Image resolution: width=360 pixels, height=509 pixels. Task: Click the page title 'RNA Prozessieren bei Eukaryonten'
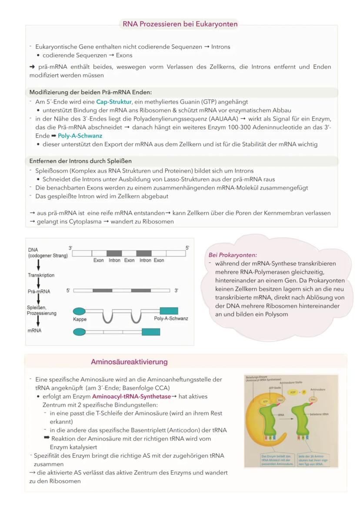pyautogui.click(x=180, y=24)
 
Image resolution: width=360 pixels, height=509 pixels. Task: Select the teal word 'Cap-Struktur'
pyautogui.click(x=113, y=102)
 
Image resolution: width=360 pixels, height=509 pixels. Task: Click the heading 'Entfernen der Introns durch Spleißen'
pyautogui.click(x=80, y=161)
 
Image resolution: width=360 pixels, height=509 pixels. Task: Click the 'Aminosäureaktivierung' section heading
pyautogui.click(x=129, y=362)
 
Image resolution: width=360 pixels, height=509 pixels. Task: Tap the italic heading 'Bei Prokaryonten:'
pyautogui.click(x=233, y=255)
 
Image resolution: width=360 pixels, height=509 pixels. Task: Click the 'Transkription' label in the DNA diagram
pyautogui.click(x=41, y=275)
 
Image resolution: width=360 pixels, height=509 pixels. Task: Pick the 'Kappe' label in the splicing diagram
pyautogui.click(x=80, y=319)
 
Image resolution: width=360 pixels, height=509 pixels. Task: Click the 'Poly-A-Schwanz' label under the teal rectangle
pyautogui.click(x=171, y=319)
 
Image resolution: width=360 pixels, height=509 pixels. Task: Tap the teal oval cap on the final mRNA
pyautogui.click(x=79, y=332)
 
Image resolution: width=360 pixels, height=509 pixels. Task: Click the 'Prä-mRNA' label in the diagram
pyautogui.click(x=39, y=291)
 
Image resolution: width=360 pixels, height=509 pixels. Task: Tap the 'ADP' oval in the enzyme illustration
pyautogui.click(x=292, y=392)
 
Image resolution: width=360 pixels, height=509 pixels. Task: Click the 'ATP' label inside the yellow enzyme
pyautogui.click(x=265, y=402)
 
